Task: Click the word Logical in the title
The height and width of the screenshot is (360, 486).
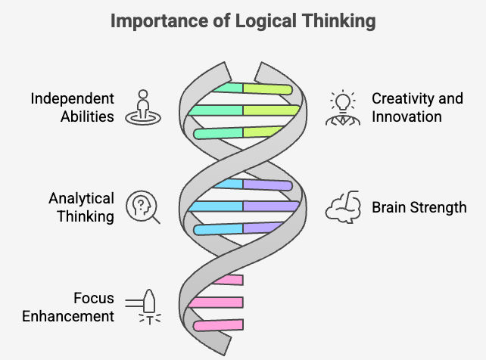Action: [x=266, y=21]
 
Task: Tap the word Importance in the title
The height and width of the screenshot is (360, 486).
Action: [x=159, y=20]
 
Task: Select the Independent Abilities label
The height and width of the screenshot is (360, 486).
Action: [x=72, y=107]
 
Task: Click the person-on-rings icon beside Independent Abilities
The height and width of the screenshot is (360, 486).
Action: [x=143, y=107]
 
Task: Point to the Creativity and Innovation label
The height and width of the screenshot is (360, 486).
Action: [x=418, y=107]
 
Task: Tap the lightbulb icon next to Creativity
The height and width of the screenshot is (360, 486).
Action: [x=343, y=107]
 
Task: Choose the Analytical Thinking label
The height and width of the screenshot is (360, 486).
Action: [x=82, y=207]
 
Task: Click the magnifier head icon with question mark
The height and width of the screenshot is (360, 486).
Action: [x=143, y=206]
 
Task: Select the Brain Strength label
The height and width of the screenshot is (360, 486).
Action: [x=419, y=207]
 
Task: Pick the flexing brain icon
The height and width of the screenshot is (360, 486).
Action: [x=343, y=206]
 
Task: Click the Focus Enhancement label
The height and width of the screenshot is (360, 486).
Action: [x=68, y=307]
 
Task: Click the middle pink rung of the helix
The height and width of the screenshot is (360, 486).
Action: [x=216, y=302]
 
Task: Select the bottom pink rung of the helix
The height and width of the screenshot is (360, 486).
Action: [x=218, y=325]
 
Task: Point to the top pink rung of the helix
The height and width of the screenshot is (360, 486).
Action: [x=229, y=280]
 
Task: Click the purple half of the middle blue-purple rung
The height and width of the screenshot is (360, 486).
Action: [x=271, y=206]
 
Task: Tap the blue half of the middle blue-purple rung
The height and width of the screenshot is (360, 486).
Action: [x=216, y=206]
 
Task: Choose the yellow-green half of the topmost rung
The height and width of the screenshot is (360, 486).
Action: [x=267, y=88]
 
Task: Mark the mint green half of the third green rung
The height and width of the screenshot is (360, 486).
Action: [x=218, y=133]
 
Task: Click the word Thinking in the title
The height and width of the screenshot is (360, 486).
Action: [x=339, y=21]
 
